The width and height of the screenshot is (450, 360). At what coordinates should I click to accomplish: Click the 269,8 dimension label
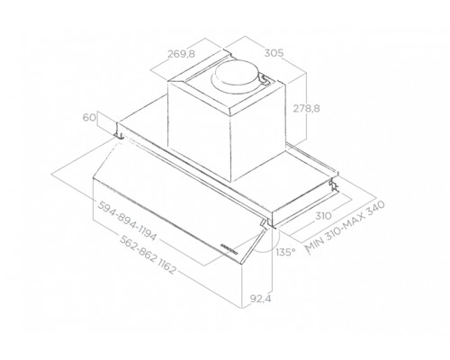click(181, 54)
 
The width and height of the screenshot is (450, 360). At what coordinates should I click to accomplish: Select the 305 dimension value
click(274, 53)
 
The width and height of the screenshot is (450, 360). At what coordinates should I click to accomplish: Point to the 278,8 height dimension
click(306, 108)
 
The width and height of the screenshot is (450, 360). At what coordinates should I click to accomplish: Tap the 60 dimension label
click(89, 117)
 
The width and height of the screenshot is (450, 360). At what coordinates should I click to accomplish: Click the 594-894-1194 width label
click(128, 220)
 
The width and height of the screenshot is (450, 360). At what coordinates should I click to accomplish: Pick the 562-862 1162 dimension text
click(147, 255)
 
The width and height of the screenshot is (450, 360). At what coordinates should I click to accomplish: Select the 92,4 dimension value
click(260, 299)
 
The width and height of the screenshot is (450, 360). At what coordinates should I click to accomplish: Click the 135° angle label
click(285, 252)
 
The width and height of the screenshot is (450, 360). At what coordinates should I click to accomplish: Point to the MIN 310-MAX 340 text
click(345, 227)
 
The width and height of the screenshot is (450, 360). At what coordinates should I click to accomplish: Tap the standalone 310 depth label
click(323, 215)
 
